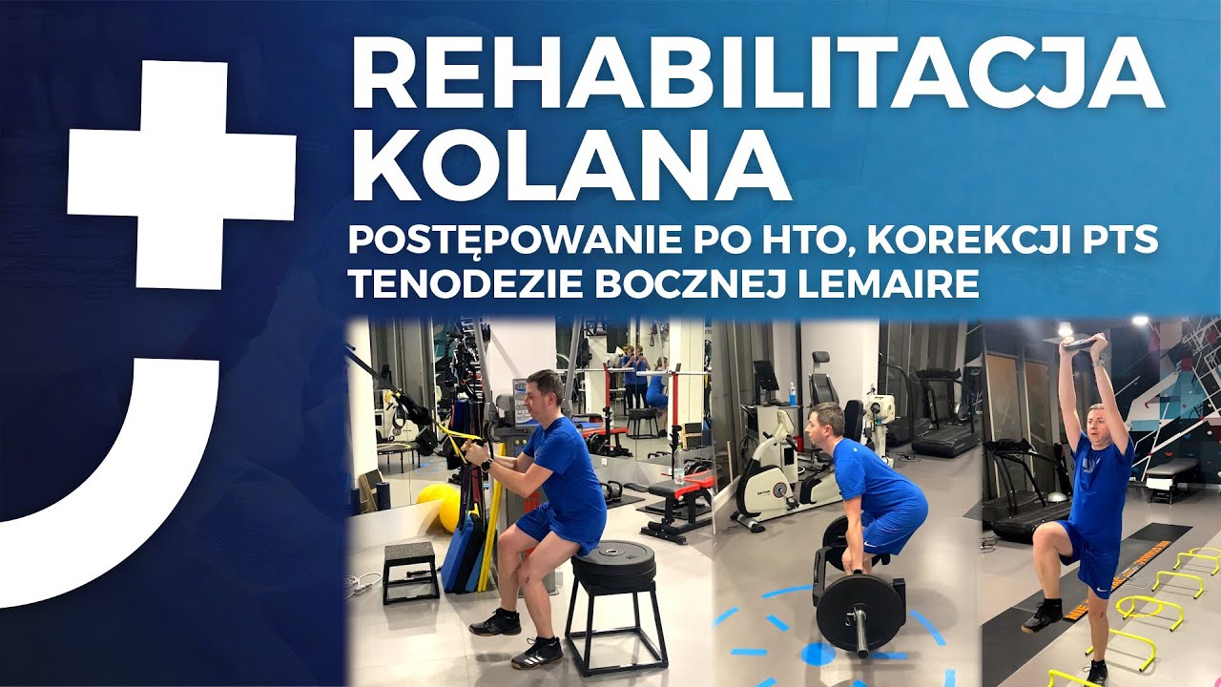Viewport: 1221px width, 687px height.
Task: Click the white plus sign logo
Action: (180, 173)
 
